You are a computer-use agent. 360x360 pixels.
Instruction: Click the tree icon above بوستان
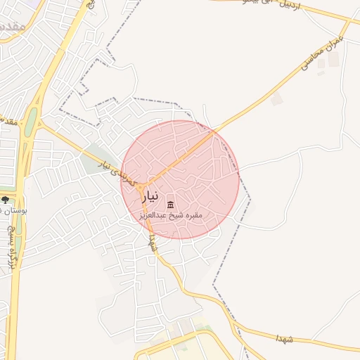tap(6, 200)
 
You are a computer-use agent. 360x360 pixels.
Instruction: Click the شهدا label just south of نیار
tap(153, 243)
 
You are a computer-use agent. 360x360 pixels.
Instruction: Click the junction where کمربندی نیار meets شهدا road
tap(143, 189)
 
